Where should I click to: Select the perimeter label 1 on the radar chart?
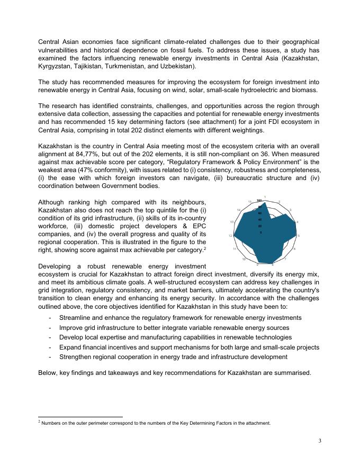[264, 198]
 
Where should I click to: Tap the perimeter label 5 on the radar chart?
[299, 235]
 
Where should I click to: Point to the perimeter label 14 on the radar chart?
[239, 210]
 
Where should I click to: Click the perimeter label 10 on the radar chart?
[244, 259]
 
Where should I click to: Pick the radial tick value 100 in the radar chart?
[259, 200]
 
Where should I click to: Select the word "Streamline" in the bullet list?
[76, 317]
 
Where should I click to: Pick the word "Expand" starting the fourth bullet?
[71, 347]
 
